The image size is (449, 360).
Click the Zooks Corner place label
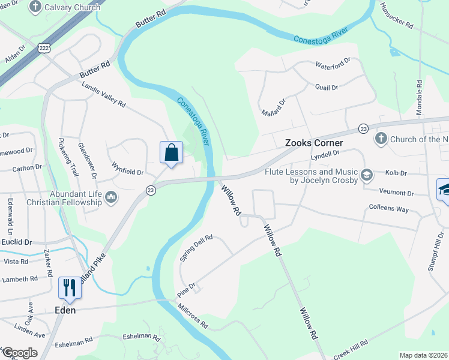tap(313, 143)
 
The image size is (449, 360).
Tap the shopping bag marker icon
tap(171, 152)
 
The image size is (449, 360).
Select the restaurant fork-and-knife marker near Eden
tap(69, 288)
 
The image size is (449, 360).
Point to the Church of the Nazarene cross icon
tap(381, 139)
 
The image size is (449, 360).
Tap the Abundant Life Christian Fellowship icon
tap(110, 197)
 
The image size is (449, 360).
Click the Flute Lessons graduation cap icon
tap(366, 175)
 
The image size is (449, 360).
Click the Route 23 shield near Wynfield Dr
tap(150, 190)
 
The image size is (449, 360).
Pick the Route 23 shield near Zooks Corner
tap(363, 128)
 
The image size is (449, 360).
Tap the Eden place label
tap(65, 310)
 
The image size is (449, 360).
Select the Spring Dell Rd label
tap(196, 247)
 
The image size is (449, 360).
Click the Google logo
tap(19, 353)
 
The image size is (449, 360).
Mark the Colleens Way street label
tap(389, 209)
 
